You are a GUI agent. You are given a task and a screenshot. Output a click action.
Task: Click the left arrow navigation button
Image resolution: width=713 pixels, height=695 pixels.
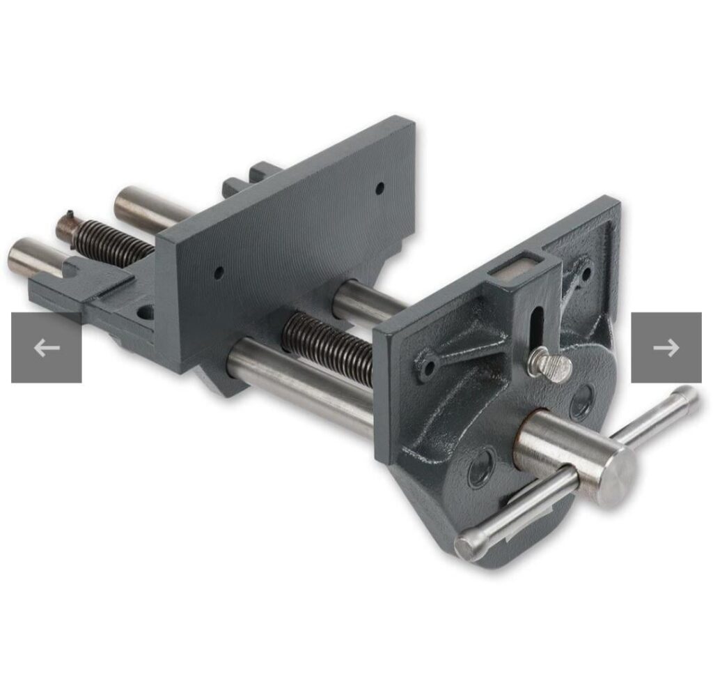[46, 347]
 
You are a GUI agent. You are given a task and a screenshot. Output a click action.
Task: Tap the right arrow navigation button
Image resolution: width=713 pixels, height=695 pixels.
[666, 347]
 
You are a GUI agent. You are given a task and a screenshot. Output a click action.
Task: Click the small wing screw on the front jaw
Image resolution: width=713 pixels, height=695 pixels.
[549, 365]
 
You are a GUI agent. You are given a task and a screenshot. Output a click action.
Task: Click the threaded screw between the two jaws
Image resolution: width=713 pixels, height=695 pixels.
[328, 345]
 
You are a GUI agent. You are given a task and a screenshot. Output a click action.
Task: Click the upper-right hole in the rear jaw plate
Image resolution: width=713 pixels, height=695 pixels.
[379, 188]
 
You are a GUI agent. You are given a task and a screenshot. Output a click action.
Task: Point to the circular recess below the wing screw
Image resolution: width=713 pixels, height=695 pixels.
[580, 402]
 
